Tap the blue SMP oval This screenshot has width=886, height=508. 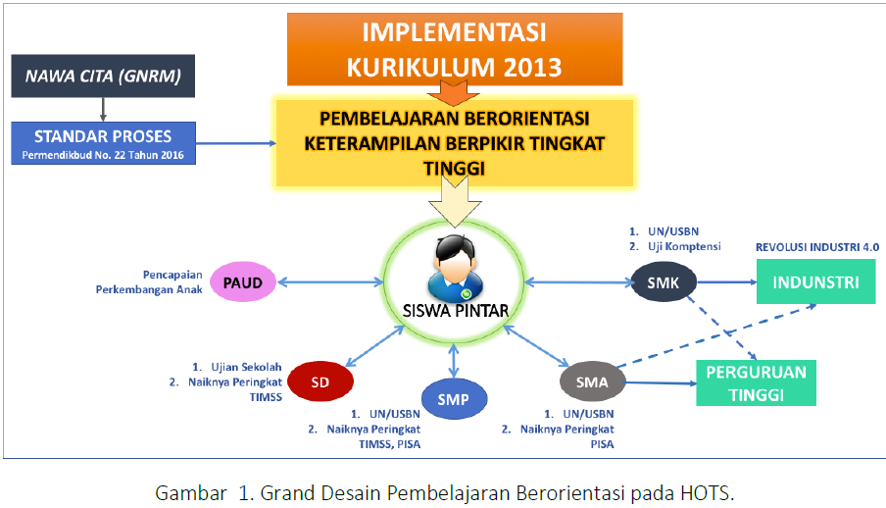tap(452, 398)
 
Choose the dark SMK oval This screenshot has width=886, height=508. tap(664, 282)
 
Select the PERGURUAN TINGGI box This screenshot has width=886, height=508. tap(755, 382)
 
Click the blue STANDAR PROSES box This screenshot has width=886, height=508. tap(103, 142)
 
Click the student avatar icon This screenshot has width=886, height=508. tap(450, 266)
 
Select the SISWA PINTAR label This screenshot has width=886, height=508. tap(451, 312)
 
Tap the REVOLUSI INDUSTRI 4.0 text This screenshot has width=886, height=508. tap(817, 249)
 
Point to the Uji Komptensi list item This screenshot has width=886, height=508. tap(682, 246)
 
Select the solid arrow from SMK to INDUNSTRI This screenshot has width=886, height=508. tap(727, 282)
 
